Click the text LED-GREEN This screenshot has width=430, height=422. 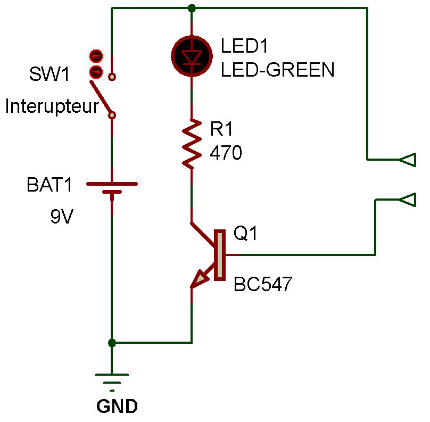point(277,70)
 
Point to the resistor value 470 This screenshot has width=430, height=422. point(226,153)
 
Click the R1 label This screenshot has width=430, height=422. point(222,129)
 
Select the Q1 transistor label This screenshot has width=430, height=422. point(246,233)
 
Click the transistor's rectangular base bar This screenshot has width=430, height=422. point(219,255)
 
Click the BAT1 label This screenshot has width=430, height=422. point(49,186)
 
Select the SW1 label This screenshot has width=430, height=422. point(49,74)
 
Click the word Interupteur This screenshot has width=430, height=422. point(52,107)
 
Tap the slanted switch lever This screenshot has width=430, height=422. point(101,98)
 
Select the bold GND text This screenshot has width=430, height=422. point(117,407)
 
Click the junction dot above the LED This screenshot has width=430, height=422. point(192,8)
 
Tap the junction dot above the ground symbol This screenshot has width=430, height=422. point(112,343)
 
